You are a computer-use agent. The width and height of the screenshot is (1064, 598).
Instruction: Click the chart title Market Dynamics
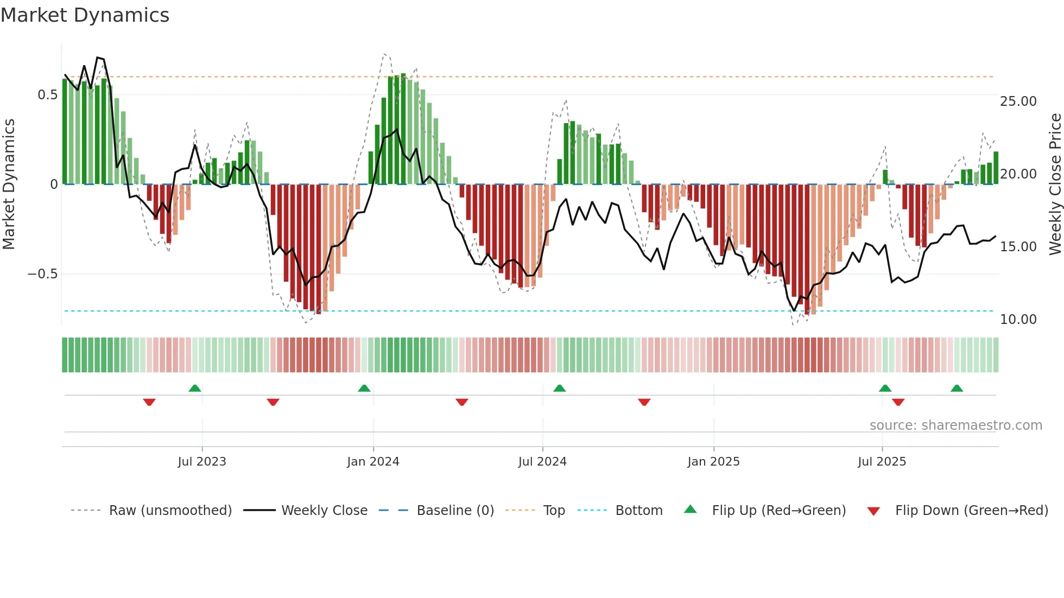pos(85,15)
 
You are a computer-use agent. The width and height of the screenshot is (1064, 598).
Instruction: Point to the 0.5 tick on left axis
pos(47,95)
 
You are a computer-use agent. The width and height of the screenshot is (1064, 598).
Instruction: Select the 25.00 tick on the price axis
pos(1018,101)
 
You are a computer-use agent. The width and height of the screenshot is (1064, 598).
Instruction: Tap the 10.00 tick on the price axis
pos(1018,320)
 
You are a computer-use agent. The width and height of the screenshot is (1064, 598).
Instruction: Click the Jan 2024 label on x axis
pos(373,462)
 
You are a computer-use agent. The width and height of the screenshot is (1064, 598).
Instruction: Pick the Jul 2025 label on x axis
pos(882,462)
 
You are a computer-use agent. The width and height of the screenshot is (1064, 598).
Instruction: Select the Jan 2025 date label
pos(713,462)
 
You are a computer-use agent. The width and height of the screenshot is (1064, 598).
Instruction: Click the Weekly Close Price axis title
pos(1055,185)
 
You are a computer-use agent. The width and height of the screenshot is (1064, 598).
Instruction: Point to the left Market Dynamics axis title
pos(9,185)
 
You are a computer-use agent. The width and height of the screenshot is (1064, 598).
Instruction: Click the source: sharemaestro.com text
pos(955,425)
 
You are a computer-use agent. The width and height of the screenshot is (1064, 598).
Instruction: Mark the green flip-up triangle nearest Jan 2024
pos(364,389)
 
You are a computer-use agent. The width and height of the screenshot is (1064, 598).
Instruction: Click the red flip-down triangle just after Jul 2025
pos(898,402)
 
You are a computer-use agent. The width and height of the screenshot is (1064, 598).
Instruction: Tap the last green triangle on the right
pos(957,389)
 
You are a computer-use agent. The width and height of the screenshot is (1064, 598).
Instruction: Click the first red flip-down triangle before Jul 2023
pos(149,402)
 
